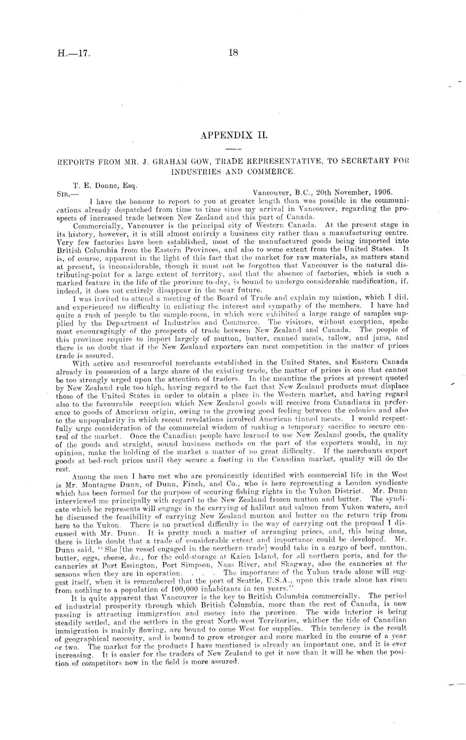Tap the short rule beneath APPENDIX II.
tap(233, 149)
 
